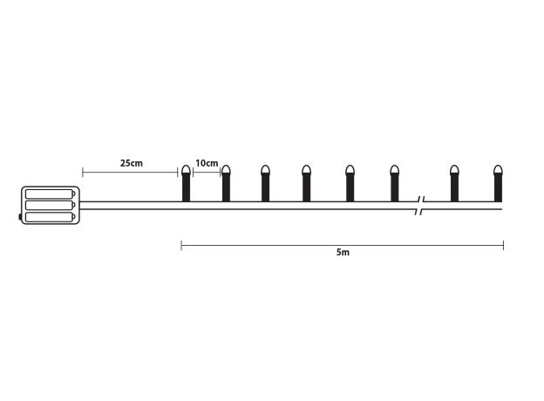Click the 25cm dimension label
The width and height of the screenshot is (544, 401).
click(132, 163)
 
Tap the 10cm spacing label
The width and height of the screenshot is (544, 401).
click(207, 163)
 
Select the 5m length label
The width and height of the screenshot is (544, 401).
click(343, 252)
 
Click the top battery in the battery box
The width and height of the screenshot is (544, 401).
click(51, 194)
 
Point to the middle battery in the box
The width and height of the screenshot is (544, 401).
click(51, 205)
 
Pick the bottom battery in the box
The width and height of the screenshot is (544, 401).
click(51, 217)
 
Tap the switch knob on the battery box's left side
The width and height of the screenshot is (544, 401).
click(20, 217)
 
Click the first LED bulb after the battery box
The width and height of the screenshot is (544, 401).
click(187, 183)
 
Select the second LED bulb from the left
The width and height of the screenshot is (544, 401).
click(226, 183)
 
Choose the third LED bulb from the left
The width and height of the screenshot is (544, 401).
click(265, 183)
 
